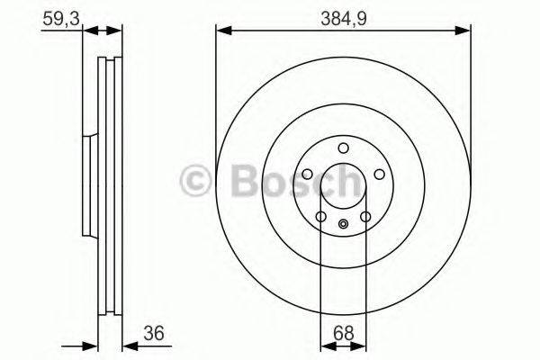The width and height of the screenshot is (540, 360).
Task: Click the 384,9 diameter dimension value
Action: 343,15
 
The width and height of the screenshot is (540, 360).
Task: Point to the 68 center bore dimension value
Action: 343,332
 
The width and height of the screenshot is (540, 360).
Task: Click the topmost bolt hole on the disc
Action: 343,149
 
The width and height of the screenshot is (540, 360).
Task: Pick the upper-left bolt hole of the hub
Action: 308,175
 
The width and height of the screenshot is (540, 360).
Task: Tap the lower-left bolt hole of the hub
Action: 321,216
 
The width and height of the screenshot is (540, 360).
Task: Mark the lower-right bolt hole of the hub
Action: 364,216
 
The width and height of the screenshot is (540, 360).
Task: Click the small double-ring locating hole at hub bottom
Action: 343,225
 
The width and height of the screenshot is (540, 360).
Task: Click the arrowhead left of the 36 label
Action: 127,345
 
